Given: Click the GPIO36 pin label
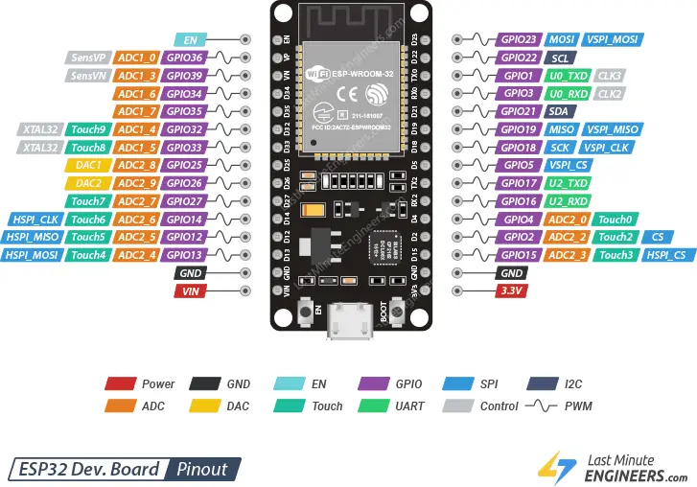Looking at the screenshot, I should pos(183,58).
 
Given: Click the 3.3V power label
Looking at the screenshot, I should pos(509,290).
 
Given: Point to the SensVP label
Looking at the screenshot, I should pos(88,58).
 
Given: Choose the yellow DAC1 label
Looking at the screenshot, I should pos(88,165).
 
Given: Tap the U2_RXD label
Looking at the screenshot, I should pos(569,201).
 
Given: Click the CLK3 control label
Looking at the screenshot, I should pos(610,76).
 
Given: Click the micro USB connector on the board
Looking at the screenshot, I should pos(348,322).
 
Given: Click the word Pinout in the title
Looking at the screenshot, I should pos(201,469).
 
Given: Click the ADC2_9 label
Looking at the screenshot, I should pos(136,183).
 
